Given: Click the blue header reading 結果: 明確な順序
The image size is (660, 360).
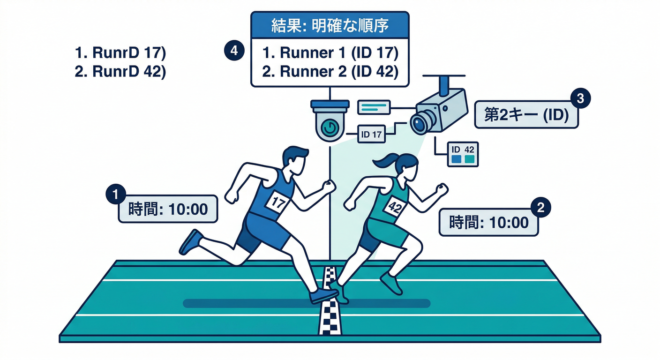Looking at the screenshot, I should click(330, 25).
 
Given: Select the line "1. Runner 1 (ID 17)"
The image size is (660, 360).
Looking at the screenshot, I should click(330, 53).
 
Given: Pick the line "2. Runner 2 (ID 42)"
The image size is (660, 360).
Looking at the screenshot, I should click(330, 72).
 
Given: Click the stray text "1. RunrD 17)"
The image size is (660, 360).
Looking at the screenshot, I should click(120, 53).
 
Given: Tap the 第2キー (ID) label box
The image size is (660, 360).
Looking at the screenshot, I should click(526, 115).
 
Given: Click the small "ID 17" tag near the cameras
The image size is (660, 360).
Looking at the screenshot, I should click(371, 135).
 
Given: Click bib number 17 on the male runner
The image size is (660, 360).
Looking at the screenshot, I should click(278, 203).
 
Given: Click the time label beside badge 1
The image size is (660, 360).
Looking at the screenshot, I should click(168, 209).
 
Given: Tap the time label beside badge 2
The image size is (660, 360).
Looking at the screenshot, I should click(488, 222).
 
